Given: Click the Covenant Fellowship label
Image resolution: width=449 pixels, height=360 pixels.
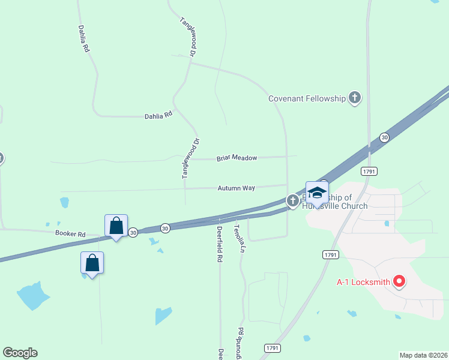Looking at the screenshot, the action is (307, 98).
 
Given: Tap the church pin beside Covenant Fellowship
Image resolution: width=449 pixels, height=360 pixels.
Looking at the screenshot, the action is (355, 97).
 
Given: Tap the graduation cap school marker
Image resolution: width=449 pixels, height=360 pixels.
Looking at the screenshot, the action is (317, 193).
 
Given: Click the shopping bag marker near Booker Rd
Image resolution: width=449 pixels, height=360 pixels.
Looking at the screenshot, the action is (116, 226).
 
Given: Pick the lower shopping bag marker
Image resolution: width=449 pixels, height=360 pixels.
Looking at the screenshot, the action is (92, 263).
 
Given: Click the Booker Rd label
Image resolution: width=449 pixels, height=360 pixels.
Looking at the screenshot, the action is (70, 233).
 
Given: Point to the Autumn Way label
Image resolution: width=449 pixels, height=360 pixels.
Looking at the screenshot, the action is (237, 188).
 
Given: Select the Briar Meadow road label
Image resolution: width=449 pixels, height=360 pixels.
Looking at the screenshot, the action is (237, 158).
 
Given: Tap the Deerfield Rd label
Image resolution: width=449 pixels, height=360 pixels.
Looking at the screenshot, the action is (220, 249).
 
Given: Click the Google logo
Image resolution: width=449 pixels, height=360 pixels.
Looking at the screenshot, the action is (20, 353).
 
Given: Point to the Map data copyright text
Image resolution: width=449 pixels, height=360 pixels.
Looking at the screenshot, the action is (423, 355).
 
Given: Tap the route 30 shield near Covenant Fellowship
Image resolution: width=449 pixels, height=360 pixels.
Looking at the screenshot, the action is (384, 137).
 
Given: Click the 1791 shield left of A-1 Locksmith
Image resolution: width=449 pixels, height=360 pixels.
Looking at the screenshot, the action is (331, 254).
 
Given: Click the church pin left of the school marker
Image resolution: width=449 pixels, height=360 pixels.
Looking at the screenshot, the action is (292, 200).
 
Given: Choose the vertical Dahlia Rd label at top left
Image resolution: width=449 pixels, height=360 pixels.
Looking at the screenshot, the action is (83, 39).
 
